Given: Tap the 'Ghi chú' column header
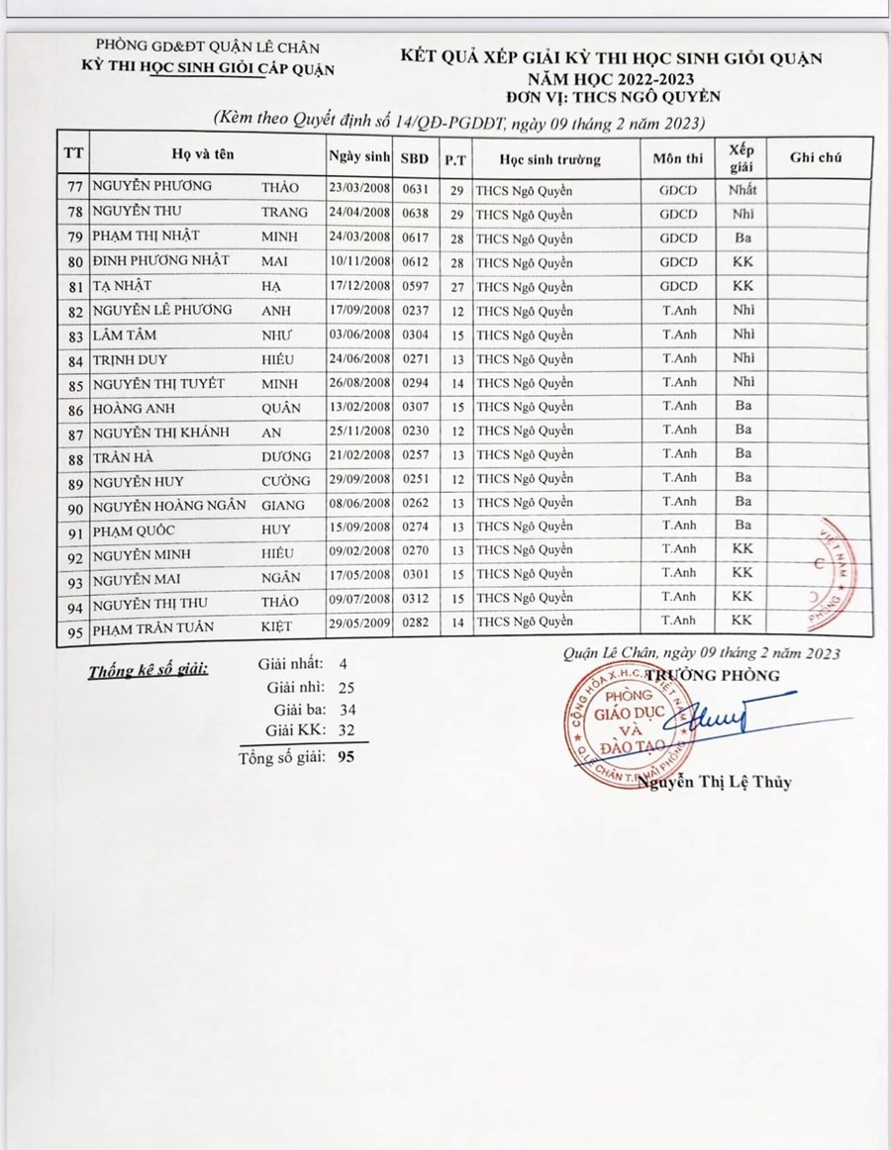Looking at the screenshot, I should coord(818,157).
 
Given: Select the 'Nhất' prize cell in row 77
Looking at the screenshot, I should coord(742,188).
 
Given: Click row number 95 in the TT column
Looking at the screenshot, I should coord(72,630).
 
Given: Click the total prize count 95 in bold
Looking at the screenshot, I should coord(346,757).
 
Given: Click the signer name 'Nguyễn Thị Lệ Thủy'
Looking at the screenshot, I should coord(715,782).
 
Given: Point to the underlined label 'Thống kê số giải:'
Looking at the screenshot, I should coord(148,670).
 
